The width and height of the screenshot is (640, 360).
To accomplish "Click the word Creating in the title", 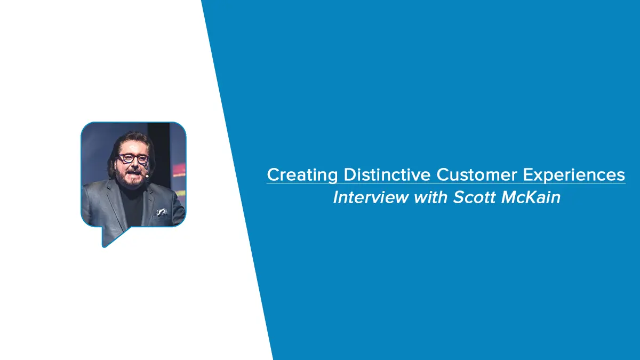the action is [302, 175].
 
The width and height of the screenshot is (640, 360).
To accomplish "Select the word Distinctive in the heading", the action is [387, 174].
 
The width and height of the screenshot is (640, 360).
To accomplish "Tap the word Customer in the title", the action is [477, 174].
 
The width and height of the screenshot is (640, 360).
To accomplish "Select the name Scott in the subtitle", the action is [474, 197].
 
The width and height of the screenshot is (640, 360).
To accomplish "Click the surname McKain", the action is [531, 197].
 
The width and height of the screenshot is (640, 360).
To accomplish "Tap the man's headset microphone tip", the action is [147, 177].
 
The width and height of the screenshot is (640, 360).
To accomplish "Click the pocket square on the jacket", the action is [162, 212].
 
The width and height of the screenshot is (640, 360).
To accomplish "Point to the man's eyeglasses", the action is [133, 159].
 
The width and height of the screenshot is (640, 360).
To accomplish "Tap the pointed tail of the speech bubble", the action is [104, 246].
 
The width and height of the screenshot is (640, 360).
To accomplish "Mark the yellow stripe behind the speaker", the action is [181, 194].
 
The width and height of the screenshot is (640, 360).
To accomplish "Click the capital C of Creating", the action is [273, 174].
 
